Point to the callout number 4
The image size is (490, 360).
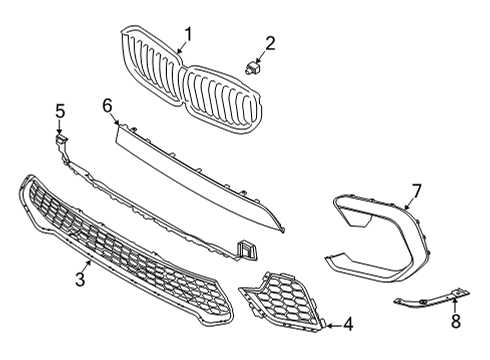(347, 323)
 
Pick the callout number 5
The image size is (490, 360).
(59, 111)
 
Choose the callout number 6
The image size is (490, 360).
(108, 104)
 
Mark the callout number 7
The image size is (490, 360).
(417, 190)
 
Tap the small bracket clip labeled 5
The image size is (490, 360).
(62, 142)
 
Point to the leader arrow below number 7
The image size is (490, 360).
(410, 206)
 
